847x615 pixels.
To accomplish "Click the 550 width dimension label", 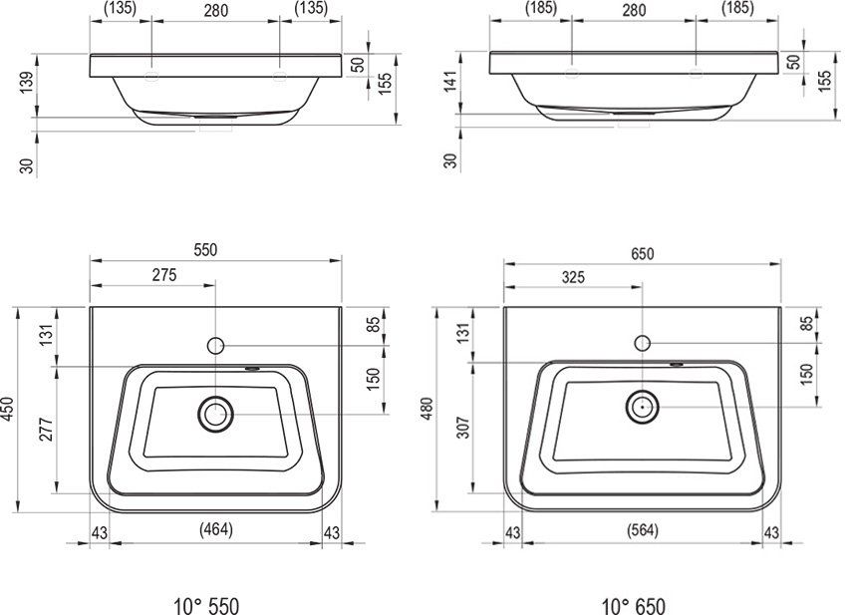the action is click(206, 249).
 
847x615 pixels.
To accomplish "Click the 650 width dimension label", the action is click(643, 253).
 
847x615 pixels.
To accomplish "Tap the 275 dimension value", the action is click(164, 275).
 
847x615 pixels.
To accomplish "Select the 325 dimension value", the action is click(573, 277).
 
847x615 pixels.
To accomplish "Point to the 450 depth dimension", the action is click(9, 410).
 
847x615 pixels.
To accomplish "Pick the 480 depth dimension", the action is click(427, 409).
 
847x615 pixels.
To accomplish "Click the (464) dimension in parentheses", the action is click(215, 529).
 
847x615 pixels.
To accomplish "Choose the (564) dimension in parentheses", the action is click(643, 530).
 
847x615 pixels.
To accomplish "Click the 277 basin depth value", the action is click(47, 430).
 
